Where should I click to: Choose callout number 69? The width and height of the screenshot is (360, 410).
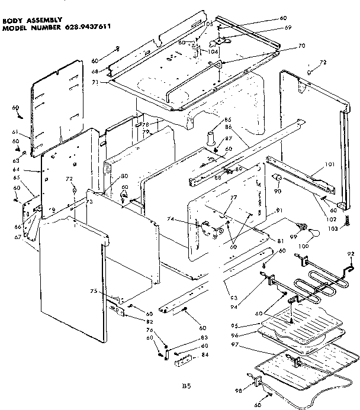(288, 28)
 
